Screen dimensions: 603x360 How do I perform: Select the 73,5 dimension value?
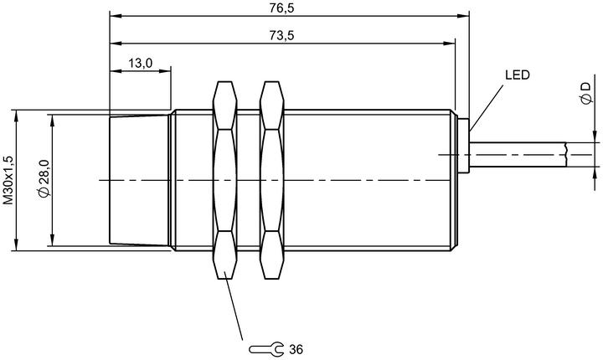281,35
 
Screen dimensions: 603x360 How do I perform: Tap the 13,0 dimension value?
141,63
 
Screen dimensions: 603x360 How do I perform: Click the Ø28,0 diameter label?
44,178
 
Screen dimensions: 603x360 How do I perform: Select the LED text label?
518,75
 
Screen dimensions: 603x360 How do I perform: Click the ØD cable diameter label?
585,93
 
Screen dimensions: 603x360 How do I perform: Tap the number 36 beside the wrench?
296,349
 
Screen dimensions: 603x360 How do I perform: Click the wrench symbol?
266,349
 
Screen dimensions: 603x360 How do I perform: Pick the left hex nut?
225,180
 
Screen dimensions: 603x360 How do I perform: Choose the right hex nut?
272,180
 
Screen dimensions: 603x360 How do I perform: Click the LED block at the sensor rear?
463,146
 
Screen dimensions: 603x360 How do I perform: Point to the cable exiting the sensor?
518,155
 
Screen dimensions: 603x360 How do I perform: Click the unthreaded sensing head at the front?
139,180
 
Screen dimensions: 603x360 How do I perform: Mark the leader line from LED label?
486,109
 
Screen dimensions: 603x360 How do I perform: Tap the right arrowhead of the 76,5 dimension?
463,16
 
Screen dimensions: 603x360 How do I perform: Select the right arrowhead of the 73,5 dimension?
450,44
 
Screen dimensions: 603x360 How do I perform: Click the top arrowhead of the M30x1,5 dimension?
16,116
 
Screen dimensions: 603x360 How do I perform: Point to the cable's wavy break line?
566,155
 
